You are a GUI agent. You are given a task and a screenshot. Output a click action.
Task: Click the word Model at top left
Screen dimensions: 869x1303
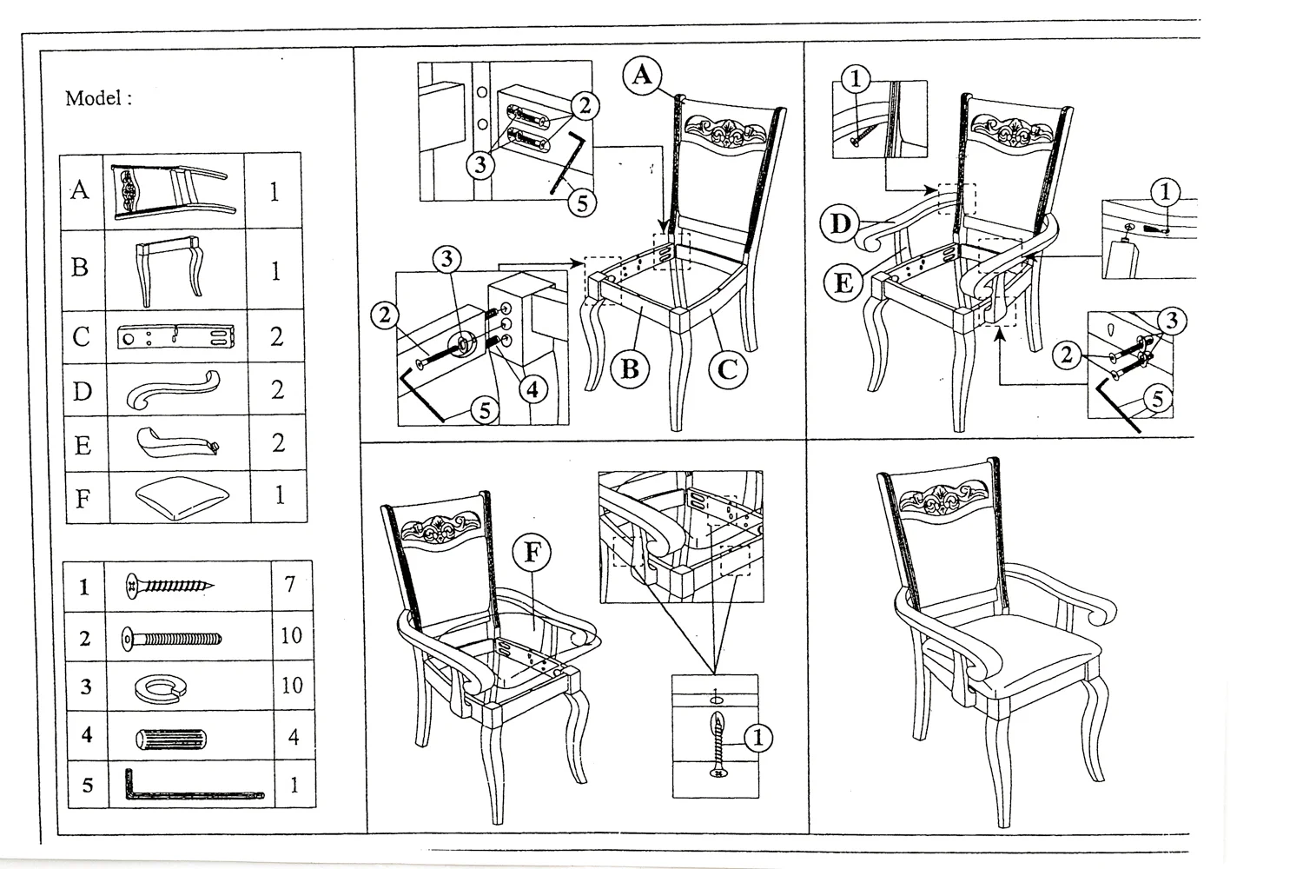pyautogui.click(x=94, y=98)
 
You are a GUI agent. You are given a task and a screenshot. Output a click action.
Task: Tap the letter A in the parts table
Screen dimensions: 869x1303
pyautogui.click(x=80, y=190)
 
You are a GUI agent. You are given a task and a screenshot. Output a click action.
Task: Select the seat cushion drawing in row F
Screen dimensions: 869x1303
pyautogui.click(x=182, y=496)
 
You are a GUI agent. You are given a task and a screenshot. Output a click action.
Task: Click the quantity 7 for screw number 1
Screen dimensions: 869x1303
pyautogui.click(x=290, y=584)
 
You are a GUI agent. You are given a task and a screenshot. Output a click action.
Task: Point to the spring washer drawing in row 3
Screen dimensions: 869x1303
pyautogui.click(x=169, y=687)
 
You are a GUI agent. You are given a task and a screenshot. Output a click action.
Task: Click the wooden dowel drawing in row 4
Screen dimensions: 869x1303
pyautogui.click(x=172, y=740)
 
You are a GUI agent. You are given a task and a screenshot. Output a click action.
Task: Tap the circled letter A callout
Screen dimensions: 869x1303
pyautogui.click(x=642, y=76)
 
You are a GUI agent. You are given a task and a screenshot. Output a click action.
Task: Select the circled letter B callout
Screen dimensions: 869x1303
pyautogui.click(x=630, y=370)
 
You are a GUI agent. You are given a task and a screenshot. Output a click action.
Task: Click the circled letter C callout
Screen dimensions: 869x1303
pyautogui.click(x=728, y=370)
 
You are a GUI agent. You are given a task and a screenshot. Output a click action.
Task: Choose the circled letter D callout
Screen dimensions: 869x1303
pyautogui.click(x=840, y=224)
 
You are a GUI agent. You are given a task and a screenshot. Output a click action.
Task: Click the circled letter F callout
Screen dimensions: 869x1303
pyautogui.click(x=532, y=553)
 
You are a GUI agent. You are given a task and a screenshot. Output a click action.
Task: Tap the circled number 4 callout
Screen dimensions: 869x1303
pyautogui.click(x=532, y=389)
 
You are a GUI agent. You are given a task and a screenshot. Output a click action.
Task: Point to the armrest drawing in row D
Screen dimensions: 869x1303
pyautogui.click(x=173, y=390)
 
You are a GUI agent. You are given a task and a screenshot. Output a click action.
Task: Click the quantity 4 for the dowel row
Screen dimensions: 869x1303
pyautogui.click(x=294, y=738)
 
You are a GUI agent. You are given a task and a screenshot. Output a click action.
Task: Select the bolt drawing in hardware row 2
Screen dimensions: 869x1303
pyautogui.click(x=172, y=640)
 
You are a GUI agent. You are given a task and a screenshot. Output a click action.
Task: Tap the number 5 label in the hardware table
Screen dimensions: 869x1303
pyautogui.click(x=87, y=786)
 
